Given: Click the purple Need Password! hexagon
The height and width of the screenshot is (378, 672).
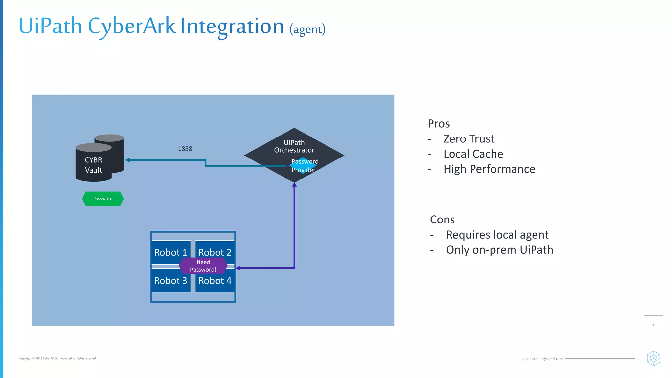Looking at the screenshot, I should [203, 266].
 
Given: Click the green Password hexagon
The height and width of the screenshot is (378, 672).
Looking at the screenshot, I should [103, 199].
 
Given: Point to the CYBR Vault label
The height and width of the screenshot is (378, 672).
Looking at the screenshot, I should [94, 165].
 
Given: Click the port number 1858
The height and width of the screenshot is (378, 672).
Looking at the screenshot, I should [185, 149].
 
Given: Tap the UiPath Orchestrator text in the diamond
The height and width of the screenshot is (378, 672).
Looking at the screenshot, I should [294, 146].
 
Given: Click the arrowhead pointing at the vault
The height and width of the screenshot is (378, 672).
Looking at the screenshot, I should [127, 160].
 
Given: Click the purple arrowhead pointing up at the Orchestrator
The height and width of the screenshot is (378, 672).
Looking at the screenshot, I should [294, 185].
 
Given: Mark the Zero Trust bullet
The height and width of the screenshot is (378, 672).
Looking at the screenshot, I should [468, 139].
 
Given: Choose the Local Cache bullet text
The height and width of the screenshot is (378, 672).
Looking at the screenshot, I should [473, 154].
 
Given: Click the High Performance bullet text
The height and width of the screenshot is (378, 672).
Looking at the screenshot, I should [489, 169].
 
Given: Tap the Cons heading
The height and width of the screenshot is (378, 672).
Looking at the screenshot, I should [442, 220].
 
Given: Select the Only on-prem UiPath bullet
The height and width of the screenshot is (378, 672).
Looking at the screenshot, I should [499, 250].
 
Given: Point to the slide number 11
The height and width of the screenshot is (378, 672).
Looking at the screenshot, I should [654, 325].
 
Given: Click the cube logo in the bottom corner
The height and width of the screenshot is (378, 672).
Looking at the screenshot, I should [653, 358].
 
